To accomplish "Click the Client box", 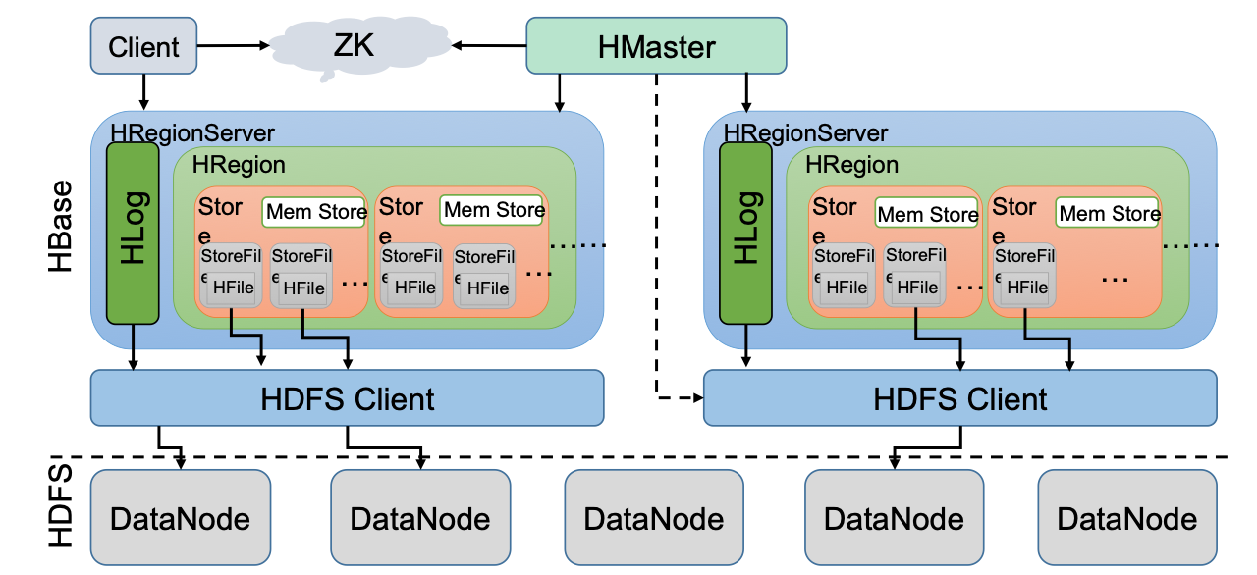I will pyautogui.click(x=144, y=46).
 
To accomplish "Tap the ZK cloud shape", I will pyautogui.click(x=354, y=44).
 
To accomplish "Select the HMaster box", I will pyautogui.click(x=656, y=46).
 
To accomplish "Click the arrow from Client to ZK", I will pyautogui.click(x=234, y=45).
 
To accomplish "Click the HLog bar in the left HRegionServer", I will pyautogui.click(x=132, y=233).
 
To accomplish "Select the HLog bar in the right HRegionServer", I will pyautogui.click(x=745, y=233).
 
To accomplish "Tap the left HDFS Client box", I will pyautogui.click(x=347, y=398).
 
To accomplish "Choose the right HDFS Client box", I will pyautogui.click(x=960, y=398).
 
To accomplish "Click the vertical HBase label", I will pyautogui.click(x=61, y=228).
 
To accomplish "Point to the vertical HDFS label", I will pyautogui.click(x=61, y=505).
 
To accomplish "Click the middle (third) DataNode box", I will pyautogui.click(x=655, y=518).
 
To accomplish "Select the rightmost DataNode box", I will pyautogui.click(x=1127, y=518).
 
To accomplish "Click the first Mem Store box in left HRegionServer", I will pyautogui.click(x=314, y=211).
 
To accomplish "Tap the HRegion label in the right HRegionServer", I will pyautogui.click(x=851, y=165).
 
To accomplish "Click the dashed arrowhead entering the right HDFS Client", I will pyautogui.click(x=698, y=398).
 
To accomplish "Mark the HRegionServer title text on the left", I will pyautogui.click(x=192, y=131).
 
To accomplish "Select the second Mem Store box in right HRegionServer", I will pyautogui.click(x=1110, y=213).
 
